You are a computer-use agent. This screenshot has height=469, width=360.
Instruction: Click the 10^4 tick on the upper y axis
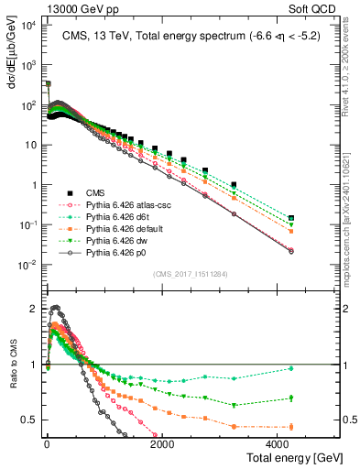(27, 25)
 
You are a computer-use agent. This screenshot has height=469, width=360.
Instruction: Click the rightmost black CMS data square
(291, 218)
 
